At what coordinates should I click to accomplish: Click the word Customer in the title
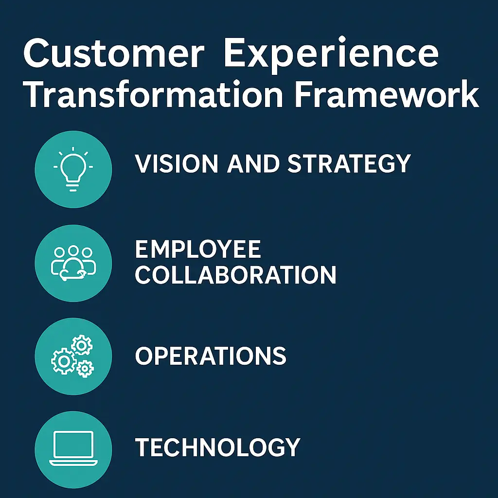point(113,53)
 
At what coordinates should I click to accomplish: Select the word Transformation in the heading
point(153,94)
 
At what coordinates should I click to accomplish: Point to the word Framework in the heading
point(387,94)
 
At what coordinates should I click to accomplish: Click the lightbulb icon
point(73,169)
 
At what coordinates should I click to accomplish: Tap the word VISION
point(177,163)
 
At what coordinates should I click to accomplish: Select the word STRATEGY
point(349,163)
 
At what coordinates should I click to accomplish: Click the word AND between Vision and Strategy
point(253,163)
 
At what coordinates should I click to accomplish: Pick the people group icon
point(73,263)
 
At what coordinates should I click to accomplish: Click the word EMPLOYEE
point(198,249)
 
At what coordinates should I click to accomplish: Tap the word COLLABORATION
point(236,275)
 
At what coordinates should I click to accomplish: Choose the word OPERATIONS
point(211,356)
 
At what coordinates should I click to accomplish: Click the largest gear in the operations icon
point(64,361)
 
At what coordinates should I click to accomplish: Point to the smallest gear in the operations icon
point(85,369)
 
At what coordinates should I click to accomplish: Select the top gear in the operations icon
point(82,345)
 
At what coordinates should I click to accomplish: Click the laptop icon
point(73,448)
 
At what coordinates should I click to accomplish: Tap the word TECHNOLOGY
point(218,447)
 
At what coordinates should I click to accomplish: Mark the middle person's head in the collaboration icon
point(73,250)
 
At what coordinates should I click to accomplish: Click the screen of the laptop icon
point(73,444)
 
